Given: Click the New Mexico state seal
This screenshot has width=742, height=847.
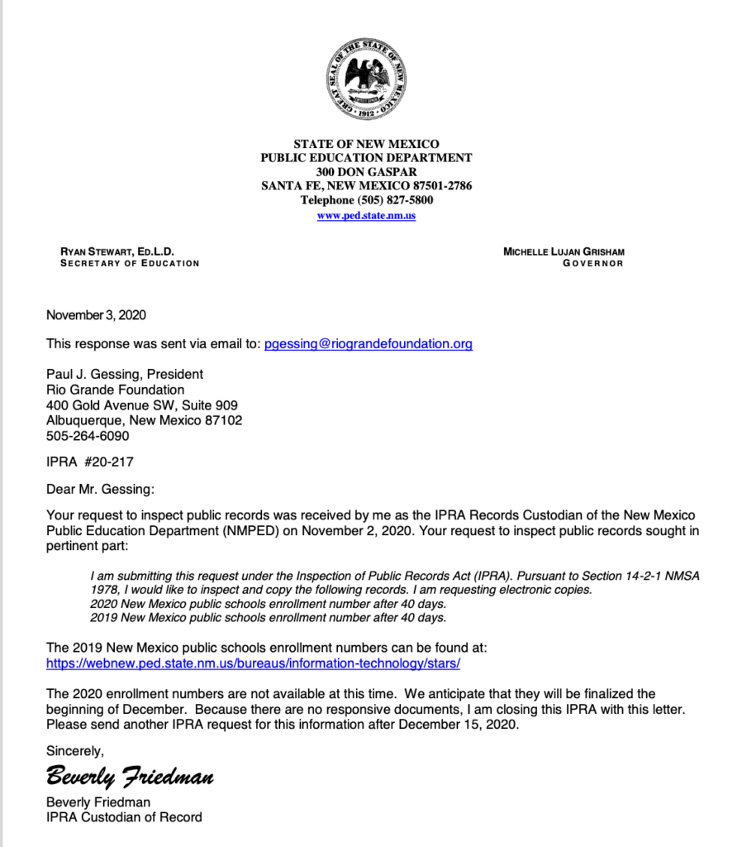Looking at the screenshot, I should [366, 79].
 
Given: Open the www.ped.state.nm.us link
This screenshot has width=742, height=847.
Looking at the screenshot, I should [366, 216].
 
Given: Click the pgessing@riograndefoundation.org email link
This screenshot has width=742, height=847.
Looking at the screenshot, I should [369, 344].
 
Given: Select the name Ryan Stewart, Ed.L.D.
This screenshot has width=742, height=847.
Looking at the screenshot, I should [117, 251].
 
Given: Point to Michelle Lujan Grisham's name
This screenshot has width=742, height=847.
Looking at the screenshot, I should [564, 251].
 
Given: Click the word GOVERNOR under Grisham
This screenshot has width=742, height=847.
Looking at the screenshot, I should [592, 264].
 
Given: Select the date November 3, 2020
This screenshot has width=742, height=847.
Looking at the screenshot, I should [96, 315].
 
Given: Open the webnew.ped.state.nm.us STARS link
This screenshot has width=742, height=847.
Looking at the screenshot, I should [253, 663].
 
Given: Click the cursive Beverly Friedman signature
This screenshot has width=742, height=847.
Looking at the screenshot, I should [130, 777].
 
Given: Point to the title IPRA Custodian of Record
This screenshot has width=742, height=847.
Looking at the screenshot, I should [124, 817].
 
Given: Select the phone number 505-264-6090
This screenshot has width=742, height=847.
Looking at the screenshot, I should [88, 435].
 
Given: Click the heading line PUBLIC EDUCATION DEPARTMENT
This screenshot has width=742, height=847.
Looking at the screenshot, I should [366, 158].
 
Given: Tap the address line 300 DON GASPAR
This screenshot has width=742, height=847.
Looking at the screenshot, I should [366, 172].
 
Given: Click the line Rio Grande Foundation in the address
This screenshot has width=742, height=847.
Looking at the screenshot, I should [115, 390].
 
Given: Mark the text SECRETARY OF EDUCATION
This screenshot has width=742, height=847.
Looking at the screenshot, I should [130, 264].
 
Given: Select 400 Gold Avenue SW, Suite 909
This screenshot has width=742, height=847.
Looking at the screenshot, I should [142, 405].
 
